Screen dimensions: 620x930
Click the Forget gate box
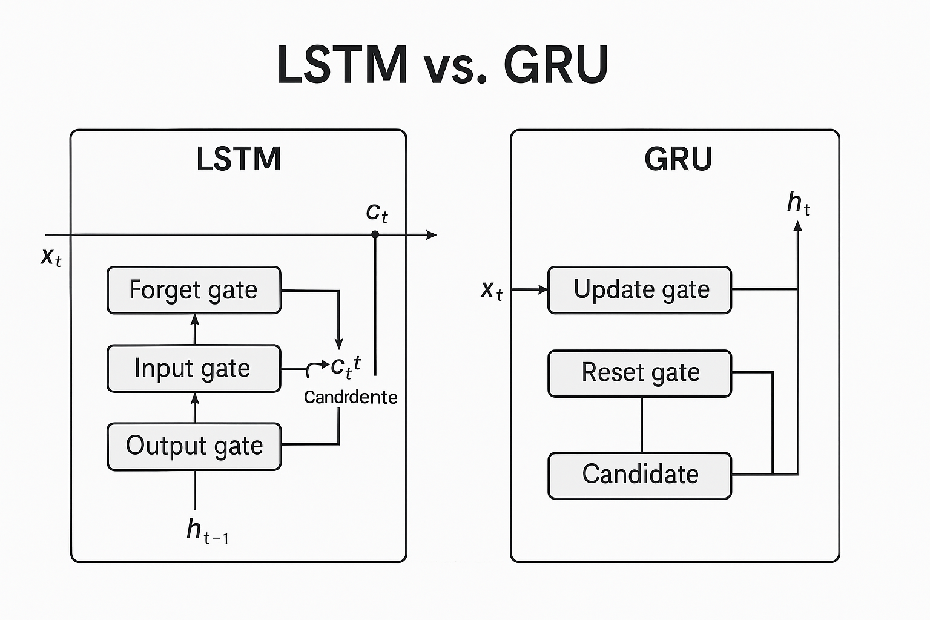194,290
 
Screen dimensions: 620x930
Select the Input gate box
194,368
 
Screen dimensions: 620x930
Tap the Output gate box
194,446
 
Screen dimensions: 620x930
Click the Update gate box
639,290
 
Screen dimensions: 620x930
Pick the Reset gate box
639,373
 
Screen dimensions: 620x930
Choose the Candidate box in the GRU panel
639,475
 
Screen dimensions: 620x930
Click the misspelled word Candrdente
351,397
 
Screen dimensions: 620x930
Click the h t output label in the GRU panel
798,203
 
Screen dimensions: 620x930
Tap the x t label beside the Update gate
491,291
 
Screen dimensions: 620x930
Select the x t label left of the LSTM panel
51,257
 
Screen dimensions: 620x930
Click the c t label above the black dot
377,212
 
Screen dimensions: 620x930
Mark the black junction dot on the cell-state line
375,234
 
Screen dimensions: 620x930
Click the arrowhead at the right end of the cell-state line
432,234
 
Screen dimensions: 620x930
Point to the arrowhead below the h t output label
797,226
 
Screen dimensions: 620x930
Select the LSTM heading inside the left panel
239,159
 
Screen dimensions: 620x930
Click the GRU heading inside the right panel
678,159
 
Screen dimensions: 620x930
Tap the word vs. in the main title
455,65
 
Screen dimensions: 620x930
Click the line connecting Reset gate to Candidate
641,424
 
